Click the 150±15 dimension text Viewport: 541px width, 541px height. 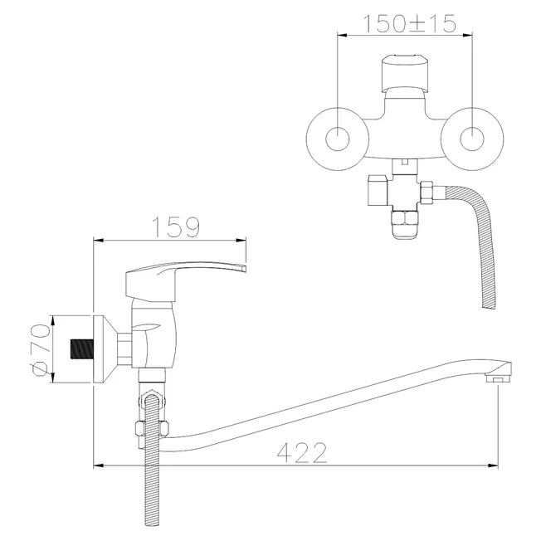click(x=410, y=23)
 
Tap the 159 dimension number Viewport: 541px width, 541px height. click(x=176, y=227)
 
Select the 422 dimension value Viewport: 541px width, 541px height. click(x=302, y=453)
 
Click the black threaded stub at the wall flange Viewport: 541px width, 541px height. click(x=82, y=349)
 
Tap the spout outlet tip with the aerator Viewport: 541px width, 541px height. click(x=499, y=375)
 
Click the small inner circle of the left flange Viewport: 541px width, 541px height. click(x=338, y=139)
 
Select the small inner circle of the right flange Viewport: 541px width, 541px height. click(x=472, y=139)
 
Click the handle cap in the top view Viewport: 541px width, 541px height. click(x=405, y=73)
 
